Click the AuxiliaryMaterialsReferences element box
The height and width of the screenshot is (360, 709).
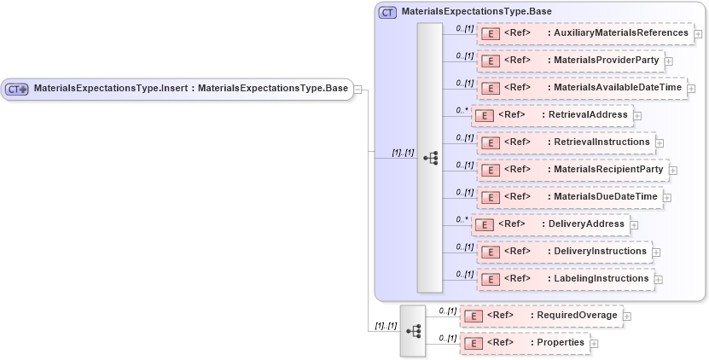tap(585, 34)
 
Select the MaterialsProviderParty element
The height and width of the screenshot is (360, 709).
tap(570, 61)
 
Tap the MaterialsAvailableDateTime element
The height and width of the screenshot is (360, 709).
tap(581, 88)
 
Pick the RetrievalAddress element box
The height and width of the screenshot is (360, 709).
tap(552, 115)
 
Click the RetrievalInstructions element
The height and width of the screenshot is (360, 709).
tap(565, 142)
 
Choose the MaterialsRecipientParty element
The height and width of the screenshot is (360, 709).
tap(572, 170)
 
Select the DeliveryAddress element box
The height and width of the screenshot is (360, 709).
tap(550, 224)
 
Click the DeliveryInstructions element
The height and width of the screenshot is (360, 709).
tap(563, 252)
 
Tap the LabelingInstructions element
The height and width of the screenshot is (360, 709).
tap(565, 279)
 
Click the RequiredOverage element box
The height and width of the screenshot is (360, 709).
tap(541, 316)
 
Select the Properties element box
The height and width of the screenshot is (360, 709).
tap(525, 343)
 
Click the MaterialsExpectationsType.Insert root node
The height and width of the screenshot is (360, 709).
tap(177, 89)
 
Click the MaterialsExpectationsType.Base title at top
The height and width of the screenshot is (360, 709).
tap(476, 12)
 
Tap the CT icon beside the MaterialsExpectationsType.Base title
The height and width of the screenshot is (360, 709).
tap(387, 12)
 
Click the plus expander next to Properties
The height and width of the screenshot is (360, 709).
tap(595, 344)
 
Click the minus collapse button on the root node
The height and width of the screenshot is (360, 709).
tap(358, 89)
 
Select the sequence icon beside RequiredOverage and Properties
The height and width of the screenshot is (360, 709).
tap(413, 330)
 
